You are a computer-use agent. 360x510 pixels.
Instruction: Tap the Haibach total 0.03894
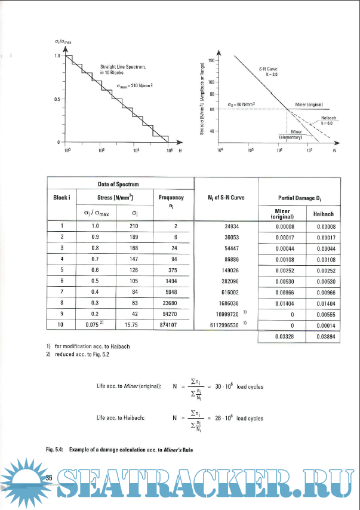(x=323, y=337)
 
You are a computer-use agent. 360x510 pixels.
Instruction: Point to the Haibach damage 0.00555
(x=323, y=314)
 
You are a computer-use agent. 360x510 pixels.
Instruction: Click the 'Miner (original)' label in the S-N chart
(x=309, y=105)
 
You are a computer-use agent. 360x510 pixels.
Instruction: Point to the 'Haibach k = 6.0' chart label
(x=329, y=120)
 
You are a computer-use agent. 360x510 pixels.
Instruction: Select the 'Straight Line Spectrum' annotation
(x=123, y=69)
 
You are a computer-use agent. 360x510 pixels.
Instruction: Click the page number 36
(x=50, y=477)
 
